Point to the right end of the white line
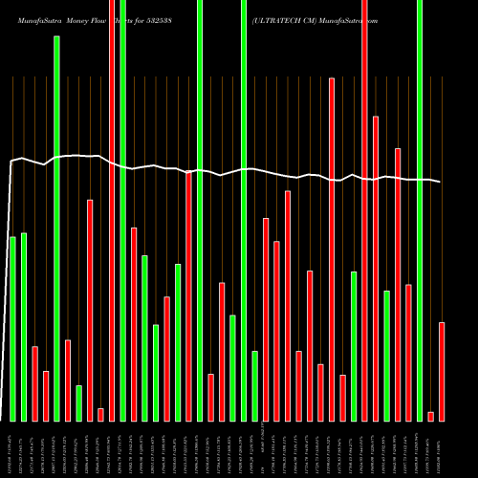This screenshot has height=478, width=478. [x=441, y=182]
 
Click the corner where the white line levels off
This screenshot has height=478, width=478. [x=11, y=163]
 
